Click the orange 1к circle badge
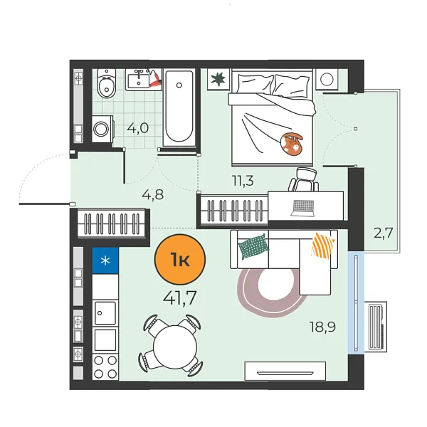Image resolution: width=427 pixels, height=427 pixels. [180, 260]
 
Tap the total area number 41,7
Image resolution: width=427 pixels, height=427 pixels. [180, 297]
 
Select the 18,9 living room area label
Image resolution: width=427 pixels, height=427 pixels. [322, 327]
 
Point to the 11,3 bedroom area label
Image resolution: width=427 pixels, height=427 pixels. [243, 181]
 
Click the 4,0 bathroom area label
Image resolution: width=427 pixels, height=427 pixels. [138, 128]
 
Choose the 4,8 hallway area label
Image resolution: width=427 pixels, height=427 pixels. [153, 195]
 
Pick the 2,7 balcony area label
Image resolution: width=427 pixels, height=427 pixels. [383, 233]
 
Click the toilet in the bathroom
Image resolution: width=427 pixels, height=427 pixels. [107, 83]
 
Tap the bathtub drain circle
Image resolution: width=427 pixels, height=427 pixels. [179, 85]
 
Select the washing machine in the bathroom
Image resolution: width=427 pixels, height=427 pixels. [102, 129]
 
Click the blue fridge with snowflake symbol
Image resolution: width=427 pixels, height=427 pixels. [105, 260]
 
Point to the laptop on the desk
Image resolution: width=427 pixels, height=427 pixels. [302, 209]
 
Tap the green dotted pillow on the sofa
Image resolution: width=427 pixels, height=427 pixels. [253, 246]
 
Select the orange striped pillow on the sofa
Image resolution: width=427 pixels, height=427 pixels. [323, 246]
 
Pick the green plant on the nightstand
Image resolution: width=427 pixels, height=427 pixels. [218, 79]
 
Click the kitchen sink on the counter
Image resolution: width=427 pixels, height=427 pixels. [105, 313]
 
